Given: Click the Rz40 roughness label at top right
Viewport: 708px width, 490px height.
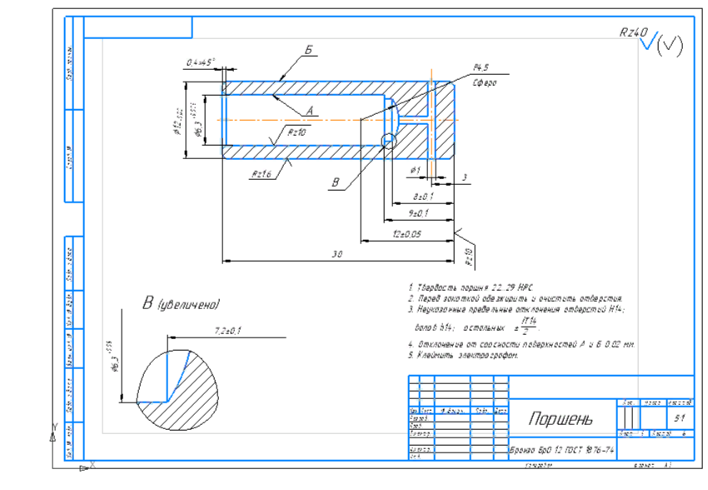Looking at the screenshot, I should coord(633,32).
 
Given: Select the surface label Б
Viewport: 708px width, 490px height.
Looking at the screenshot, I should coord(307,52).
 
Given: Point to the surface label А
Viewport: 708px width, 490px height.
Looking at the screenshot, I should coord(309,110).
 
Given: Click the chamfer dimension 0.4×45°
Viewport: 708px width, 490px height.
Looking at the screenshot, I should coord(201,62).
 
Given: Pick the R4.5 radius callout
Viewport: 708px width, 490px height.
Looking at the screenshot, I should coord(481,67).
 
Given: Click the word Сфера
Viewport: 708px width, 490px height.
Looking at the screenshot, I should coord(484,83).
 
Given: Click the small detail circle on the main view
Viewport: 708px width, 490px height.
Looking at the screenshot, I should coord(389,142).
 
